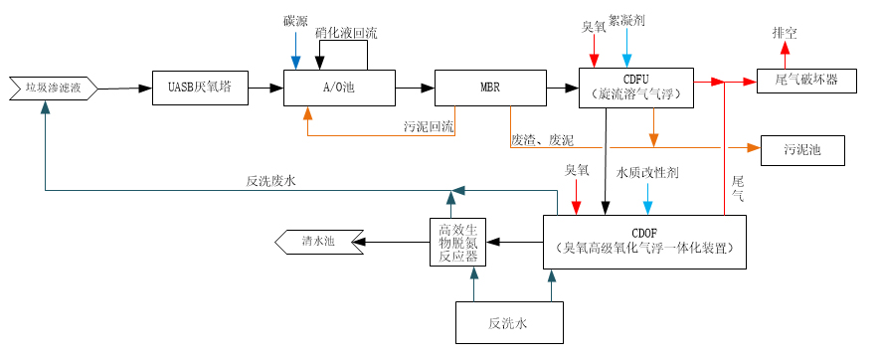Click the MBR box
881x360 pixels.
pyautogui.click(x=490, y=88)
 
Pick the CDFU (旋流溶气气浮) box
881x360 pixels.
pyautogui.click(x=635, y=88)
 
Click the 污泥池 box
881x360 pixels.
pyautogui.click(x=801, y=150)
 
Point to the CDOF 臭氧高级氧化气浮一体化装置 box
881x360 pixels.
pyautogui.click(x=645, y=241)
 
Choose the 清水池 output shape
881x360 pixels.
pyautogui.click(x=317, y=241)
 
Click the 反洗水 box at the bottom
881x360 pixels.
pyautogui.click(x=507, y=323)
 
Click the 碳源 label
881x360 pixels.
pyautogui.click(x=295, y=21)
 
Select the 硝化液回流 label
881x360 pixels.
pyautogui.click(x=346, y=33)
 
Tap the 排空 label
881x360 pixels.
pyautogui.click(x=785, y=32)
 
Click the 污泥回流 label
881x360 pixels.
pyautogui.click(x=429, y=126)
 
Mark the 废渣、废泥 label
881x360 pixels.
pyautogui.click(x=543, y=140)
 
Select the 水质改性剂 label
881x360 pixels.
pyautogui.click(x=647, y=172)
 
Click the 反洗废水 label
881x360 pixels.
pyautogui.click(x=271, y=181)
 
